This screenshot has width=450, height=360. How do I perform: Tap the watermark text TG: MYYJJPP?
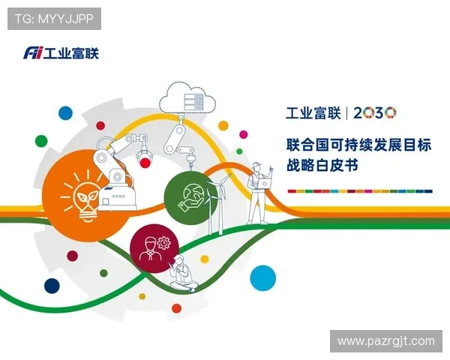[x=53, y=18]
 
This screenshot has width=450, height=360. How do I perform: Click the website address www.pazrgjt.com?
[x=385, y=341]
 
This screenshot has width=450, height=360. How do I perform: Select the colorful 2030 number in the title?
[x=374, y=113]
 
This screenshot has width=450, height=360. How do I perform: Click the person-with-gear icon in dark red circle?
[x=154, y=248]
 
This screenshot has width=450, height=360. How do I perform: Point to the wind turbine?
[x=220, y=202]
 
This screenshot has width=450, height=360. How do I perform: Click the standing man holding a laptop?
[x=258, y=191]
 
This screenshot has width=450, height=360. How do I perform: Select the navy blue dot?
[x=52, y=285]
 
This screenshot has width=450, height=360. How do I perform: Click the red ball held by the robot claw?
[x=145, y=162]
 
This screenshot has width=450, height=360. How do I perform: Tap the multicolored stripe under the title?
[x=359, y=190]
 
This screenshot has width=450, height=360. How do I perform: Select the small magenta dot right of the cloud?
[x=223, y=125]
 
